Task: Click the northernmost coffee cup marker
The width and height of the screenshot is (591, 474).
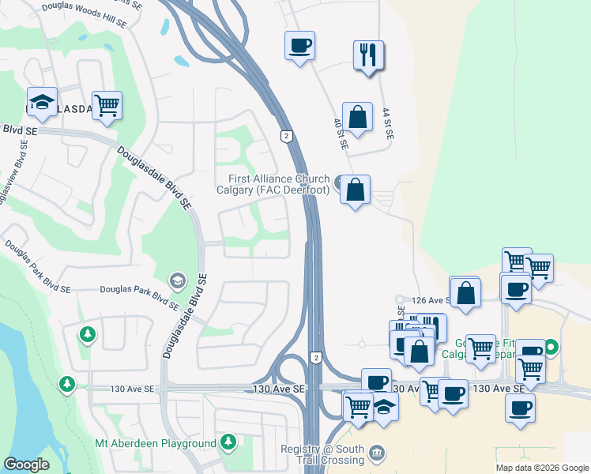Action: point(299,45)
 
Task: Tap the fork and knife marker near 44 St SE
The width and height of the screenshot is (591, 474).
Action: point(368,55)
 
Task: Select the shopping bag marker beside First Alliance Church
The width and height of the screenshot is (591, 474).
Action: point(356,190)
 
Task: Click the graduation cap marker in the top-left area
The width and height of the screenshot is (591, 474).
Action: point(42,101)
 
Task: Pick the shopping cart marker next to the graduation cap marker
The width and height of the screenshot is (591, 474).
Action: point(107,105)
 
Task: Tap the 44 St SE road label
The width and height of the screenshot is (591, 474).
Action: point(387,124)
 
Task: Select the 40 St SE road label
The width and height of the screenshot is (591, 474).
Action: point(338,134)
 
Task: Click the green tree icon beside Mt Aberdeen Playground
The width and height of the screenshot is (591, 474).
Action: point(228,441)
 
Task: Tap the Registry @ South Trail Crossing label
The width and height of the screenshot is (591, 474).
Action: point(322,454)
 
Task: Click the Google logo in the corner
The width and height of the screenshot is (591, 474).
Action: point(26,465)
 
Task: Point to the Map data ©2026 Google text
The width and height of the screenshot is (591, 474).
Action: point(542,468)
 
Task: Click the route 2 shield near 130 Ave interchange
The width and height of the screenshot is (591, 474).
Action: point(315,358)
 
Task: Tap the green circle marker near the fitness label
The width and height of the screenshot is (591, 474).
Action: point(552,346)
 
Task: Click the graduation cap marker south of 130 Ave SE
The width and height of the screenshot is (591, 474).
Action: point(385,406)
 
